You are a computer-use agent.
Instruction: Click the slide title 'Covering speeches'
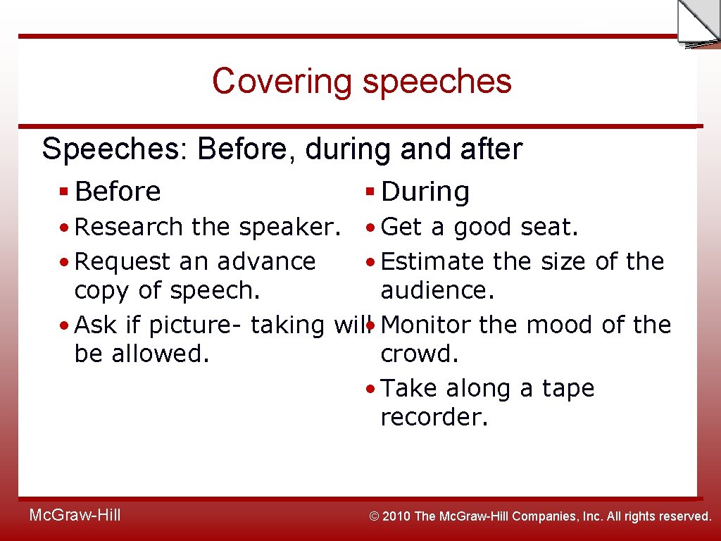coord(361,81)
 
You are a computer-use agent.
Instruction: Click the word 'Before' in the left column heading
coord(118,192)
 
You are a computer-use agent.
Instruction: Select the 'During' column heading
coord(425,192)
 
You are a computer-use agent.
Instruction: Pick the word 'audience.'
coord(437,290)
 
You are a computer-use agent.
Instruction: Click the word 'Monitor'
coord(429,325)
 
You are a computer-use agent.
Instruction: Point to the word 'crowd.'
coord(420,353)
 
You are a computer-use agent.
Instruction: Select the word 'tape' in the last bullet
coord(568,388)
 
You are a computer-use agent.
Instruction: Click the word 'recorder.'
coord(434,416)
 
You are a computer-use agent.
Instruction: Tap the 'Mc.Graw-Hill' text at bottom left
coord(75,516)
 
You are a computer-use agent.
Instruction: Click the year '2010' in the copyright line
coord(399,516)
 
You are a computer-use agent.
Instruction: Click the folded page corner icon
coord(698,23)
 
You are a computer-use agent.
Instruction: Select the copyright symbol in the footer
coord(375,516)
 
